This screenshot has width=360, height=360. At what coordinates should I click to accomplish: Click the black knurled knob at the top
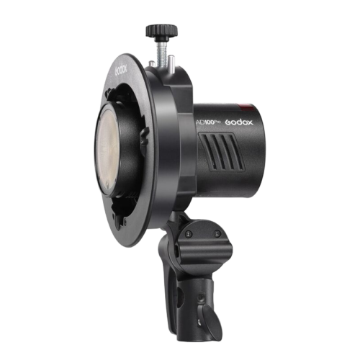point(161,31)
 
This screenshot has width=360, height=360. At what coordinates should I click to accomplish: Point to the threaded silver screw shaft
point(161,53)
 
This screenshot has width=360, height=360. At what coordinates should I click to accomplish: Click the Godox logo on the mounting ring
point(121,69)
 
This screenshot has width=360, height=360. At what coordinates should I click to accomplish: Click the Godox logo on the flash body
point(239,122)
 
